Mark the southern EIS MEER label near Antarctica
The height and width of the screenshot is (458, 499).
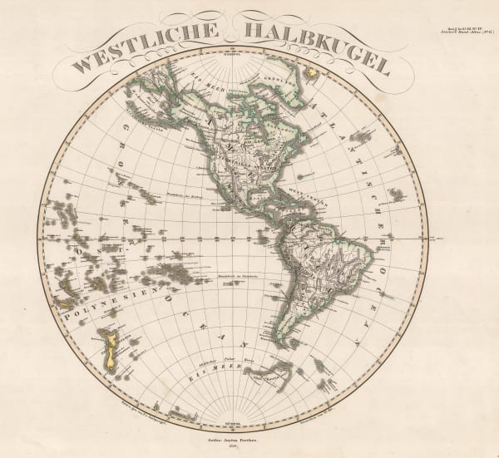(x=211, y=374)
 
